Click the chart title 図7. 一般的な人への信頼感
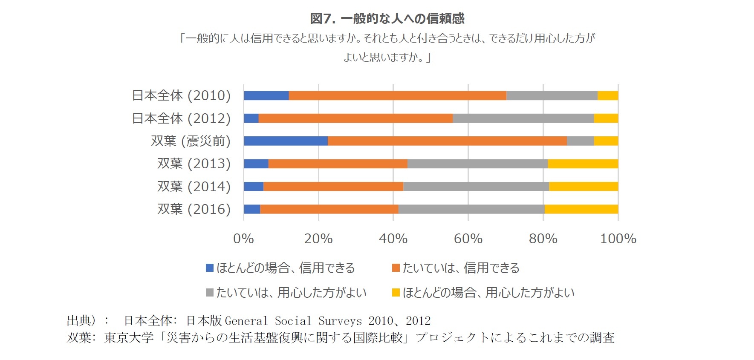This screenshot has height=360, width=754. [x=387, y=18]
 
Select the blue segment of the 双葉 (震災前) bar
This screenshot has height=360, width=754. [x=286, y=141]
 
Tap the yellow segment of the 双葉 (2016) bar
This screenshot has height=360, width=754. [x=581, y=209]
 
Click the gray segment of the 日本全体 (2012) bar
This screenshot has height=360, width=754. [x=523, y=118]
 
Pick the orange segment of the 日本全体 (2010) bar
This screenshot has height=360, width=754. [x=397, y=95]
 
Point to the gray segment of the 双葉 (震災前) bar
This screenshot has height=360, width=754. [x=580, y=141]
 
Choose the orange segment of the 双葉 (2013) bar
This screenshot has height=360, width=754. [x=338, y=164]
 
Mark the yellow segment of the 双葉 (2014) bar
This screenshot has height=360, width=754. [x=583, y=186]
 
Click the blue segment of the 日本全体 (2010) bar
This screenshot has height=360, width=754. [x=266, y=95]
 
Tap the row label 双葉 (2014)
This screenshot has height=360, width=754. [x=194, y=186]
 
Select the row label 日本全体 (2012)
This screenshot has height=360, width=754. [x=181, y=118]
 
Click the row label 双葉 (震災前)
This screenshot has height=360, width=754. [x=191, y=141]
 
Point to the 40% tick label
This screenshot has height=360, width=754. [x=393, y=239]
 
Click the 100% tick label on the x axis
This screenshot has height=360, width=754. [x=618, y=239]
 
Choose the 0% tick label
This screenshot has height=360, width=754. [x=243, y=239]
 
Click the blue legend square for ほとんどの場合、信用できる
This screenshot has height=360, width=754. [x=209, y=268]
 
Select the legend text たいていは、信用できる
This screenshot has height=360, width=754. [x=461, y=268]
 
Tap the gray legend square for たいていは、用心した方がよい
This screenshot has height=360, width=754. [x=209, y=293]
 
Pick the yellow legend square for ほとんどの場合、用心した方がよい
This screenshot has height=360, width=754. [x=396, y=293]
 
